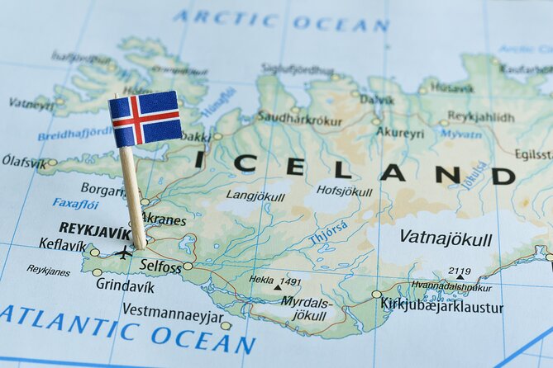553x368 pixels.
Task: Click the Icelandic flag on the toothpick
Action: pos(145,119)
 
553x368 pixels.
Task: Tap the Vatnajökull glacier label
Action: pos(446,238)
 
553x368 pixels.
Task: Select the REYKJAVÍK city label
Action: pos(94,231)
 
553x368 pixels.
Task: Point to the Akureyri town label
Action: pos(400,133)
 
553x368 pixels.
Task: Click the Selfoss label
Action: pos(160,266)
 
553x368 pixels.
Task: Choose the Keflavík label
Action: pos(62,245)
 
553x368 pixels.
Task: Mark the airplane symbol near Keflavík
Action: pos(123,252)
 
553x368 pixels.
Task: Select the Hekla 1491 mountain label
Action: pos(275,281)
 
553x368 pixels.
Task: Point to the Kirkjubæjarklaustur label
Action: pos(441,306)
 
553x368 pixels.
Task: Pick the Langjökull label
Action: pos(255,196)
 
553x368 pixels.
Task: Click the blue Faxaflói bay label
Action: pos(75,203)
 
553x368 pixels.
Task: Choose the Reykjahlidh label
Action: pos(480,116)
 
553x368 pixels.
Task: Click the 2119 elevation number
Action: pos(459,271)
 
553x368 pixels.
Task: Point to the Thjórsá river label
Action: pos(328,231)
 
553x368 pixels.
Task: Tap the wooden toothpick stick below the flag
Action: pos(133,198)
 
